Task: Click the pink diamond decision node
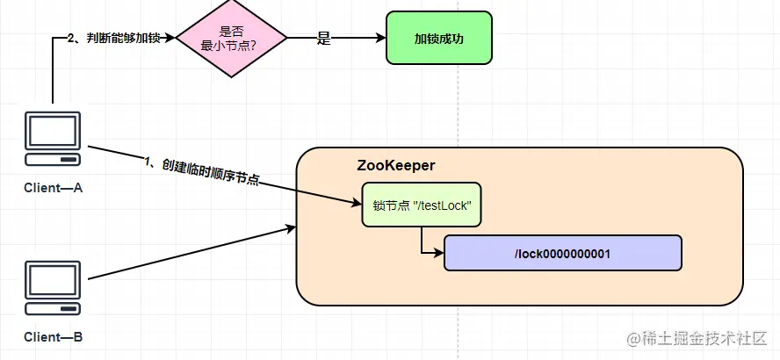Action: (232, 38)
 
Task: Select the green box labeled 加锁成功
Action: (439, 38)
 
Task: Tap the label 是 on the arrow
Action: (323, 38)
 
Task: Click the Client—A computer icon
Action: (53, 139)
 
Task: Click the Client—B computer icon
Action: (53, 289)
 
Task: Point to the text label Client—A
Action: (53, 187)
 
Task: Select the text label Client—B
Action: (53, 336)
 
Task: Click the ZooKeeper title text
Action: (395, 165)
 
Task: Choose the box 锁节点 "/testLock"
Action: (422, 205)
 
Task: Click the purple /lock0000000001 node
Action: (562, 253)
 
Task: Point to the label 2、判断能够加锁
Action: (113, 38)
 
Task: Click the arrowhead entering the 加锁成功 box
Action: (380, 38)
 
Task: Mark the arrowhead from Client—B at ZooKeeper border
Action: (291, 228)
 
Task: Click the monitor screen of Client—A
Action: (53, 132)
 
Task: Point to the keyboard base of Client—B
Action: (53, 309)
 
